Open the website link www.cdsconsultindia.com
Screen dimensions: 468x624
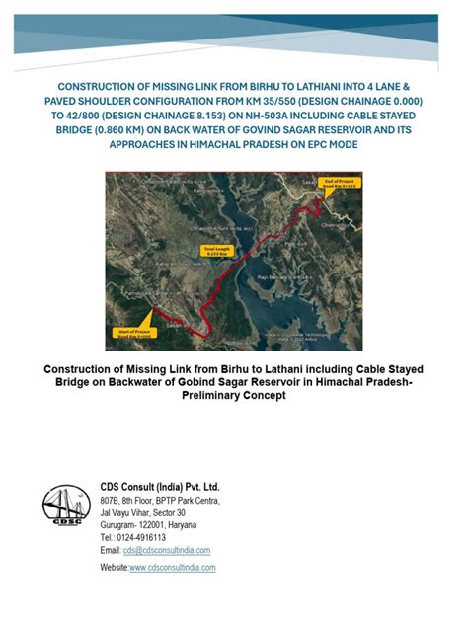[172, 568]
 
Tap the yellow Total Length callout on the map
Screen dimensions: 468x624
[216, 251]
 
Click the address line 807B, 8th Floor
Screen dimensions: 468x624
[137, 502]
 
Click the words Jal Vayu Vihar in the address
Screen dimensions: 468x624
[133, 513]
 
